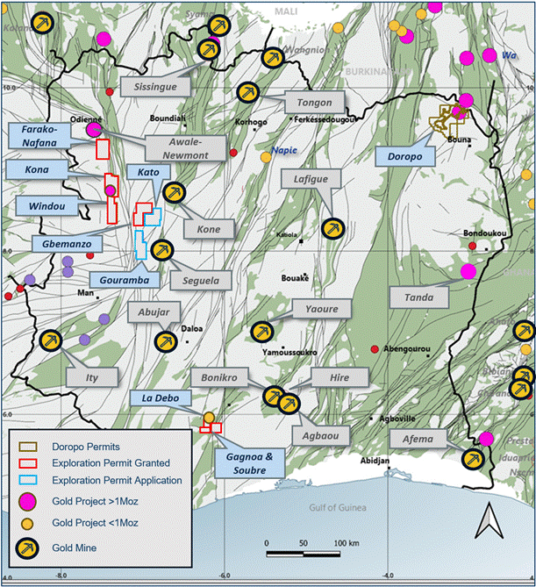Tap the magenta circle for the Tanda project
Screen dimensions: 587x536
(468, 271)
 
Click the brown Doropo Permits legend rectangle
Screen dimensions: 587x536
(30, 444)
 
